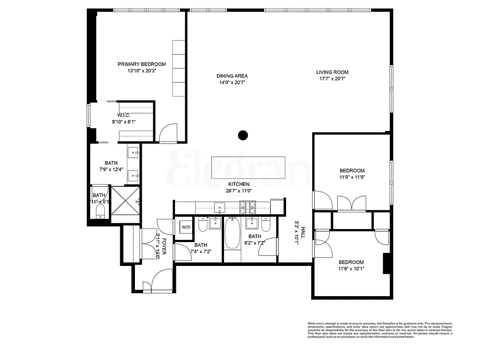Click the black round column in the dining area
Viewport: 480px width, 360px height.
[243, 135]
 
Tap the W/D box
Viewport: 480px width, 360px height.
[186, 227]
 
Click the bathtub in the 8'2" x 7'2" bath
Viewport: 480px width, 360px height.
[232, 233]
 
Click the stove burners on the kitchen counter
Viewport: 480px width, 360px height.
[247, 207]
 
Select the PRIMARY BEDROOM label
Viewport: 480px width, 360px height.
[142, 64]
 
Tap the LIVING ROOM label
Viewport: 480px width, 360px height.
[332, 72]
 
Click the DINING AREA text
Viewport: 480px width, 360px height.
[232, 76]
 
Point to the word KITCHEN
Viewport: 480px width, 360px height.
[238, 184]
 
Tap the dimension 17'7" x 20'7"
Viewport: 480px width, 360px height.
[332, 79]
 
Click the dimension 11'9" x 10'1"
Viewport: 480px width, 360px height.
[351, 269]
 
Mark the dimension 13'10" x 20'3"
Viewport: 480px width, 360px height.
[142, 71]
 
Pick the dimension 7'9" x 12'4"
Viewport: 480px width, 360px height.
[112, 170]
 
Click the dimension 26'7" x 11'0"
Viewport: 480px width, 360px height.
[238, 191]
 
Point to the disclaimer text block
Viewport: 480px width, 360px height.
[380, 330]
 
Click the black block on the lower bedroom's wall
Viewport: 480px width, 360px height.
[386, 264]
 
